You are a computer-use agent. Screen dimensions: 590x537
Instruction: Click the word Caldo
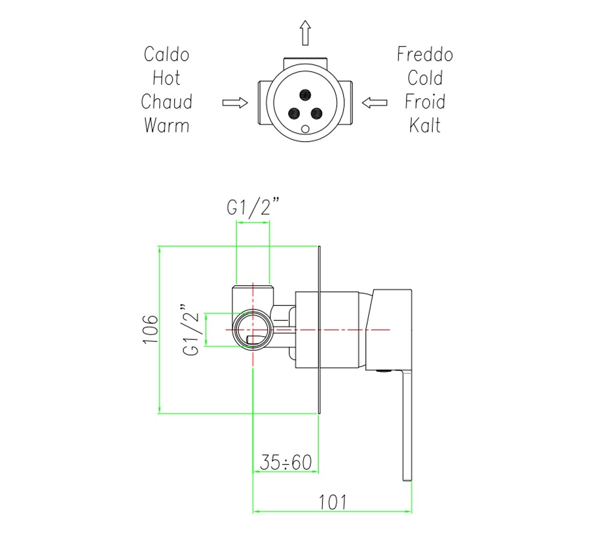point(166,54)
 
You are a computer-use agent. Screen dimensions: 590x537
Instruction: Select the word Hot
point(166,78)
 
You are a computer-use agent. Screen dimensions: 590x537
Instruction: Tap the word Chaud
point(166,101)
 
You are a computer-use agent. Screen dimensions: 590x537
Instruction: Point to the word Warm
point(166,126)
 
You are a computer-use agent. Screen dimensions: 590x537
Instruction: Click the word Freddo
point(425,54)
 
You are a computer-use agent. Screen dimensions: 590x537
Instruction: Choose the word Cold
point(425,78)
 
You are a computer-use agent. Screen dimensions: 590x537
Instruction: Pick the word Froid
point(425,101)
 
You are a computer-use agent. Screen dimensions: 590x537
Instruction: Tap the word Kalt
point(425,126)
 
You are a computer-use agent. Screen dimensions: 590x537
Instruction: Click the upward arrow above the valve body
point(305,33)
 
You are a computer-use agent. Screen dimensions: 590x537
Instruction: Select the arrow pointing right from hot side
point(235,103)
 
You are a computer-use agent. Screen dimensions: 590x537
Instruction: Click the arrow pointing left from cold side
point(374,103)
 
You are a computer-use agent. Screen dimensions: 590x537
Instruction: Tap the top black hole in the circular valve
point(305,94)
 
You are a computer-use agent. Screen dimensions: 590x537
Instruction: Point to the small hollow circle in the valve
point(305,129)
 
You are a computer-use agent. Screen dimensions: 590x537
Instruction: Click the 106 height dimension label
point(150,329)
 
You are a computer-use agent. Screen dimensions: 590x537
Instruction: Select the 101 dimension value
point(333,502)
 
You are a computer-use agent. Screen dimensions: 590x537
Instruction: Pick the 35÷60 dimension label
point(286,462)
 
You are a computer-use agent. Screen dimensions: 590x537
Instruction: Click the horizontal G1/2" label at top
point(253,207)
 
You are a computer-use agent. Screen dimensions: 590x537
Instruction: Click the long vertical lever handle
point(408,426)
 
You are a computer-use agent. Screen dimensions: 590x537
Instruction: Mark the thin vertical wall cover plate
point(320,330)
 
